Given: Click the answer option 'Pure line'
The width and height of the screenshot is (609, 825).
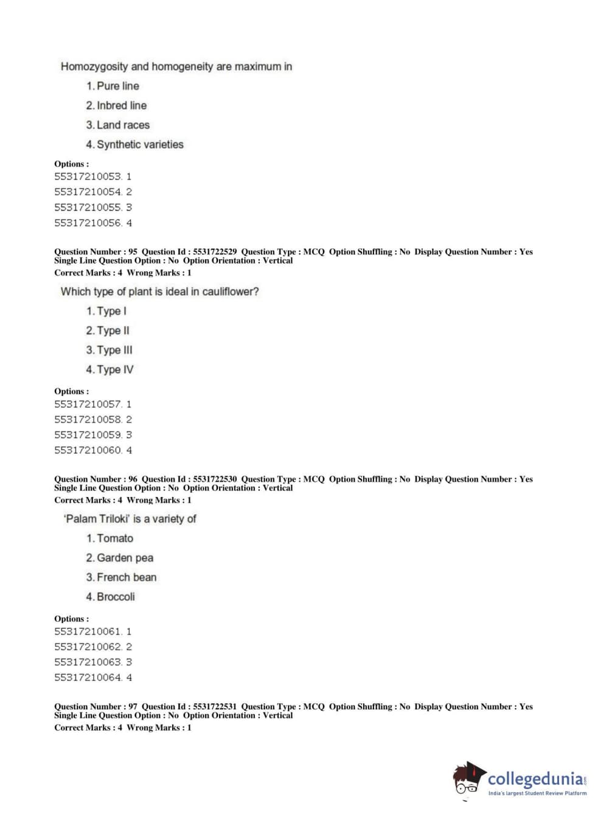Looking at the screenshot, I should (117, 86).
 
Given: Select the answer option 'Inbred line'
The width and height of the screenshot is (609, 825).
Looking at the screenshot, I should (122, 106).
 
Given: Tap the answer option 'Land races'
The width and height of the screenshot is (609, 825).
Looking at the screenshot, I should (123, 125).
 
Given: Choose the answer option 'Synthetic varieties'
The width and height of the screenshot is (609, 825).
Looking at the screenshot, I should (140, 145).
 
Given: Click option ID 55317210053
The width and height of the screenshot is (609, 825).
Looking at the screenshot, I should (88, 177).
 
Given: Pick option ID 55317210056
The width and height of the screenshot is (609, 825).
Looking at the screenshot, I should (88, 223).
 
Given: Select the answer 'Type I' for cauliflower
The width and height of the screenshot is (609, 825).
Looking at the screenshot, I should (111, 312).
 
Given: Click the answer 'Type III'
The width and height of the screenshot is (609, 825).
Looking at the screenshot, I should (114, 350).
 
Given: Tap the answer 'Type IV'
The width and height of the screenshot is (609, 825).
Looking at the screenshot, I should (115, 370).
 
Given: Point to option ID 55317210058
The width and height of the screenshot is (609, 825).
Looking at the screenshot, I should (88, 420).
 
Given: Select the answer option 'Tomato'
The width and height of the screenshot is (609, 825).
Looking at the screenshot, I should (114, 538).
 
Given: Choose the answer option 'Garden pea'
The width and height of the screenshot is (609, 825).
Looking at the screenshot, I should (125, 558).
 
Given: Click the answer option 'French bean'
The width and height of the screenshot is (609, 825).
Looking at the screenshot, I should (127, 577).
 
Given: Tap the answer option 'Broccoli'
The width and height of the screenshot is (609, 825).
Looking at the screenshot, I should (116, 597).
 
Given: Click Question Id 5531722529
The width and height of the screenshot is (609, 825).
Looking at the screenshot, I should (215, 252).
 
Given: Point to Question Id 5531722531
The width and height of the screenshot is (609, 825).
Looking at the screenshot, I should (215, 707).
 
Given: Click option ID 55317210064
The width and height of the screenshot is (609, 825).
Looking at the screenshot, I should (88, 678).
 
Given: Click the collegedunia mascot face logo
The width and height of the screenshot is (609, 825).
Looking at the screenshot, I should (468, 779).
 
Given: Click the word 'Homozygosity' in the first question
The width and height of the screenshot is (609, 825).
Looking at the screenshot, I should (94, 67).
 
